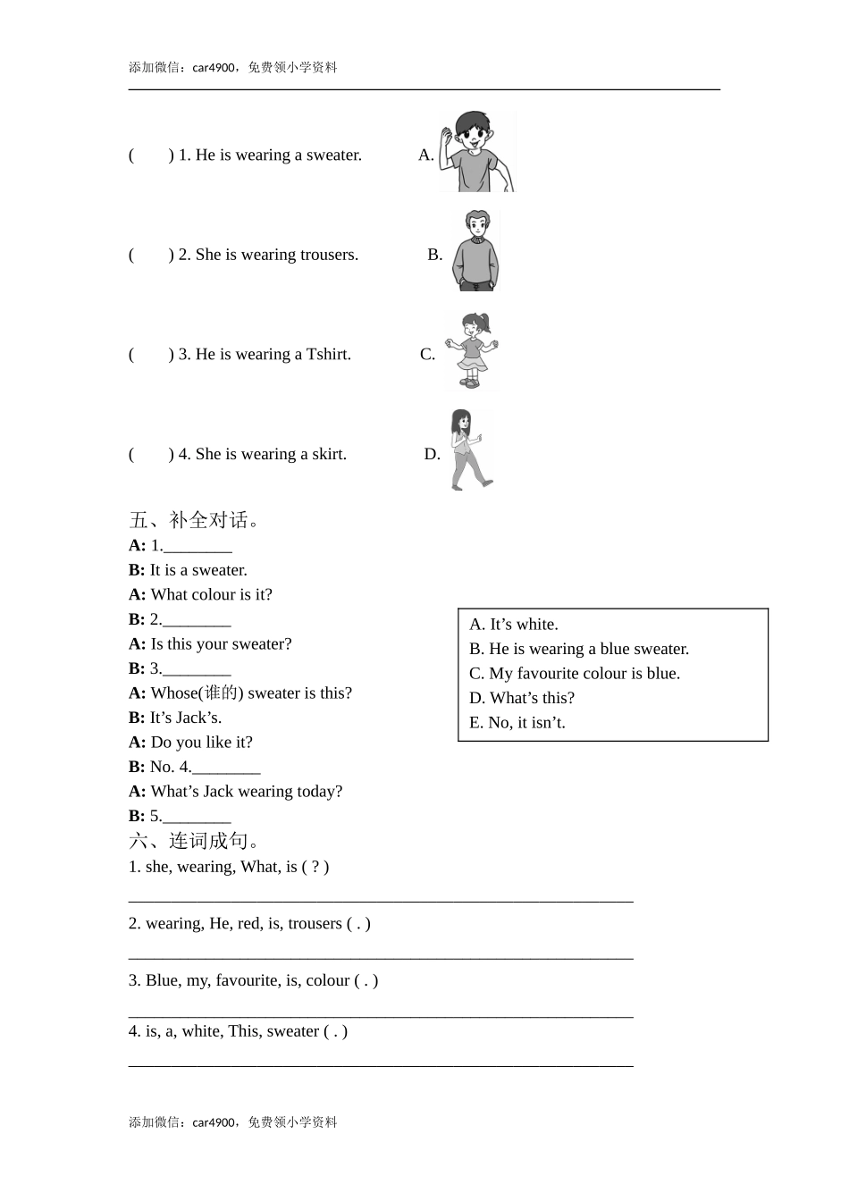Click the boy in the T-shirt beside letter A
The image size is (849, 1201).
tap(477, 152)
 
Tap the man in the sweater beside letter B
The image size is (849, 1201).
tap(475, 251)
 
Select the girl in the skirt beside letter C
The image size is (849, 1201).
tap(473, 351)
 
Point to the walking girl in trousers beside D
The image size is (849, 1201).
tap(466, 449)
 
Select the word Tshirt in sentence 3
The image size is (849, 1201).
tap(328, 355)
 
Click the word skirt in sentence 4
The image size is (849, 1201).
tap(328, 454)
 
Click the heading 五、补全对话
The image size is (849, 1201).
tap(195, 520)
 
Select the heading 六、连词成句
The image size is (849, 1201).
tap(195, 841)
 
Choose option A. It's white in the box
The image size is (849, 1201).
tap(514, 625)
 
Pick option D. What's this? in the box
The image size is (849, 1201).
tap(522, 698)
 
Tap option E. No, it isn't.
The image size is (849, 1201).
tap(517, 723)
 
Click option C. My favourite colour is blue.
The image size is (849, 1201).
tap(575, 674)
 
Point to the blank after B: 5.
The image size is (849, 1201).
tap(197, 817)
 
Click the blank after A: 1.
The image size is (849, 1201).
tap(198, 546)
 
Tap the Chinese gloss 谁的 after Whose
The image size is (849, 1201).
tap(221, 693)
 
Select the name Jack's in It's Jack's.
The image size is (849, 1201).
tap(199, 718)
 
